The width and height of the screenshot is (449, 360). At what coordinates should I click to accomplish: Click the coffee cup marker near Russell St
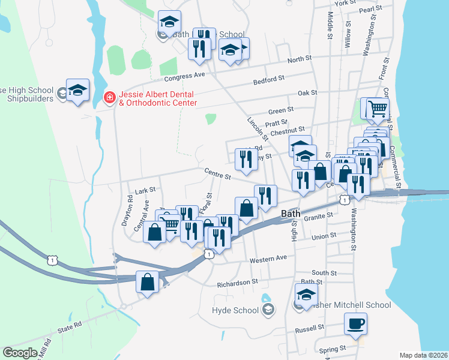(355, 325)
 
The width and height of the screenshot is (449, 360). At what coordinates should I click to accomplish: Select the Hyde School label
(235, 310)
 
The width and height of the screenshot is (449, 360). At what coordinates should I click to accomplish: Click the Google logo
(20, 352)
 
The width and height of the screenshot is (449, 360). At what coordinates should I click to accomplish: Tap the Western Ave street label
(265, 258)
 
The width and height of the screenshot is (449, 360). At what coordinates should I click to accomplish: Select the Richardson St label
(237, 281)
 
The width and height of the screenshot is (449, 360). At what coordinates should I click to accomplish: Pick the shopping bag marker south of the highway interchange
(148, 282)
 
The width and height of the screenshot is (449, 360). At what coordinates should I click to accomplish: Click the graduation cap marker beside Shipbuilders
(77, 91)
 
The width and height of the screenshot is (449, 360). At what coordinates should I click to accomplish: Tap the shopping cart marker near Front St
(378, 109)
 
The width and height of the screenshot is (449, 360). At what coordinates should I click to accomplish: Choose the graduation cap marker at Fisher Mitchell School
(306, 295)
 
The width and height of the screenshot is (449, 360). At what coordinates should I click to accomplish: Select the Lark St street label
(145, 190)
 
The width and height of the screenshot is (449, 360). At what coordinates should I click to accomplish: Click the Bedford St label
(268, 80)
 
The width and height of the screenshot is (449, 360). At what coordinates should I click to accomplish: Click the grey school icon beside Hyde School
(268, 310)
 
